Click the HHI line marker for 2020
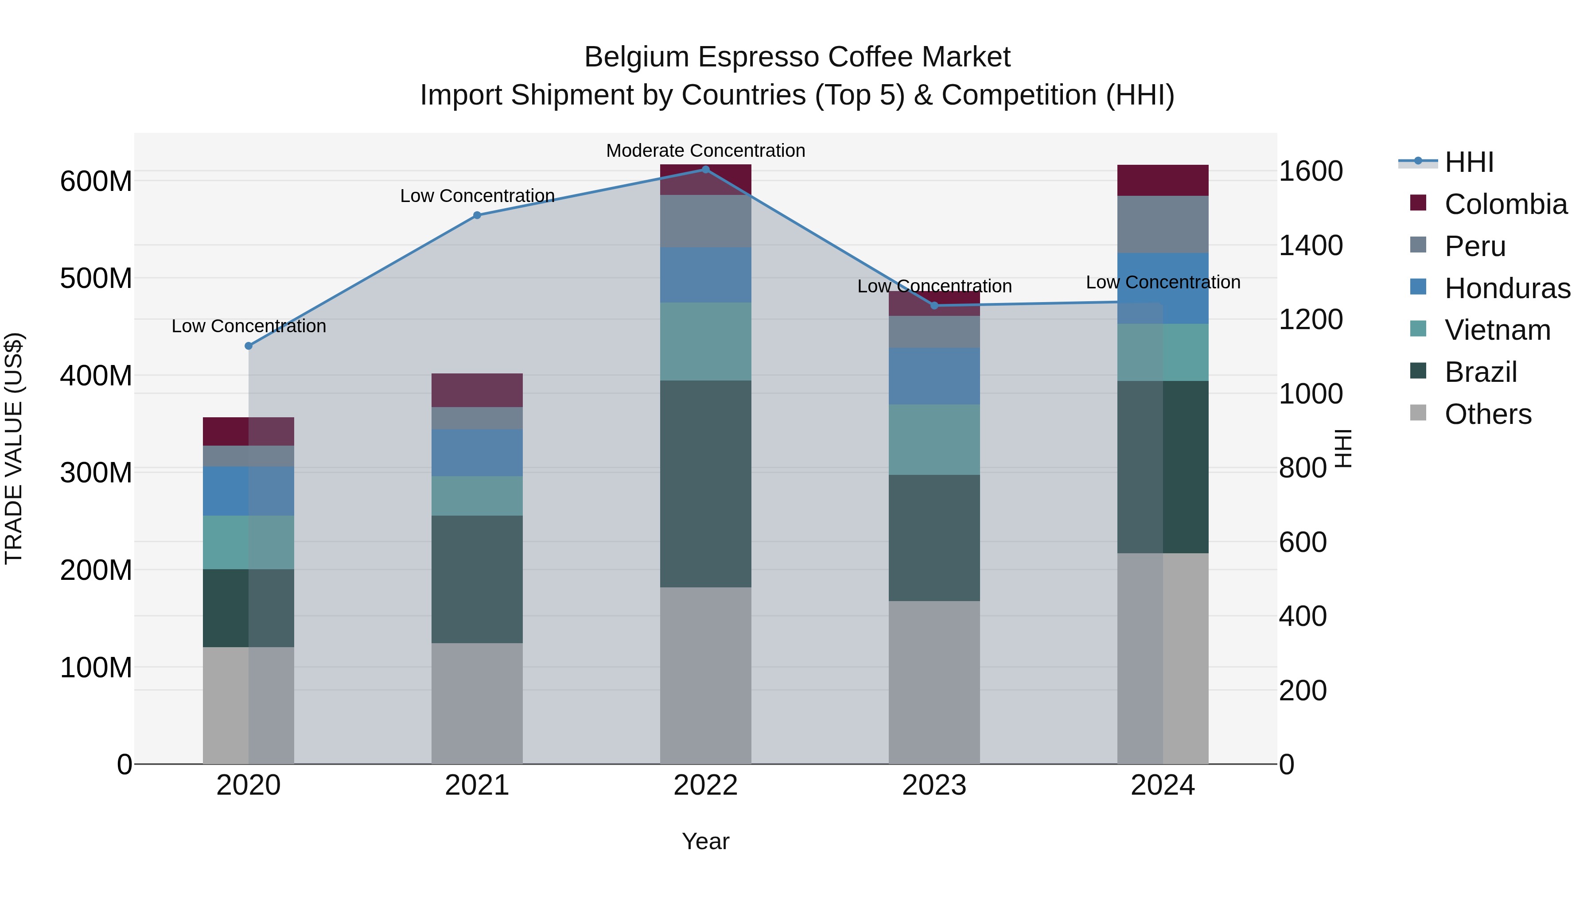pyautogui.click(x=248, y=346)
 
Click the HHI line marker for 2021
pyautogui.click(x=477, y=215)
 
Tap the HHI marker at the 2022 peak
pyautogui.click(x=705, y=170)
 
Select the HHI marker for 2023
pyautogui.click(x=934, y=305)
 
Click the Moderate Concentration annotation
pyautogui.click(x=705, y=151)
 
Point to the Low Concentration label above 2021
pyautogui.click(x=477, y=196)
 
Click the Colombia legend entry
pyautogui.click(x=1505, y=204)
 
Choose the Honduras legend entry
pyautogui.click(x=1507, y=288)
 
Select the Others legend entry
pyautogui.click(x=1488, y=414)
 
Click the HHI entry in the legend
pyautogui.click(x=1469, y=162)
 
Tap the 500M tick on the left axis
pyautogui.click(x=96, y=279)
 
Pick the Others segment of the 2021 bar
pyautogui.click(x=477, y=703)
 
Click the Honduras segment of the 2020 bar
pyautogui.click(x=248, y=491)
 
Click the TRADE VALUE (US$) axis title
pyautogui.click(x=14, y=448)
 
